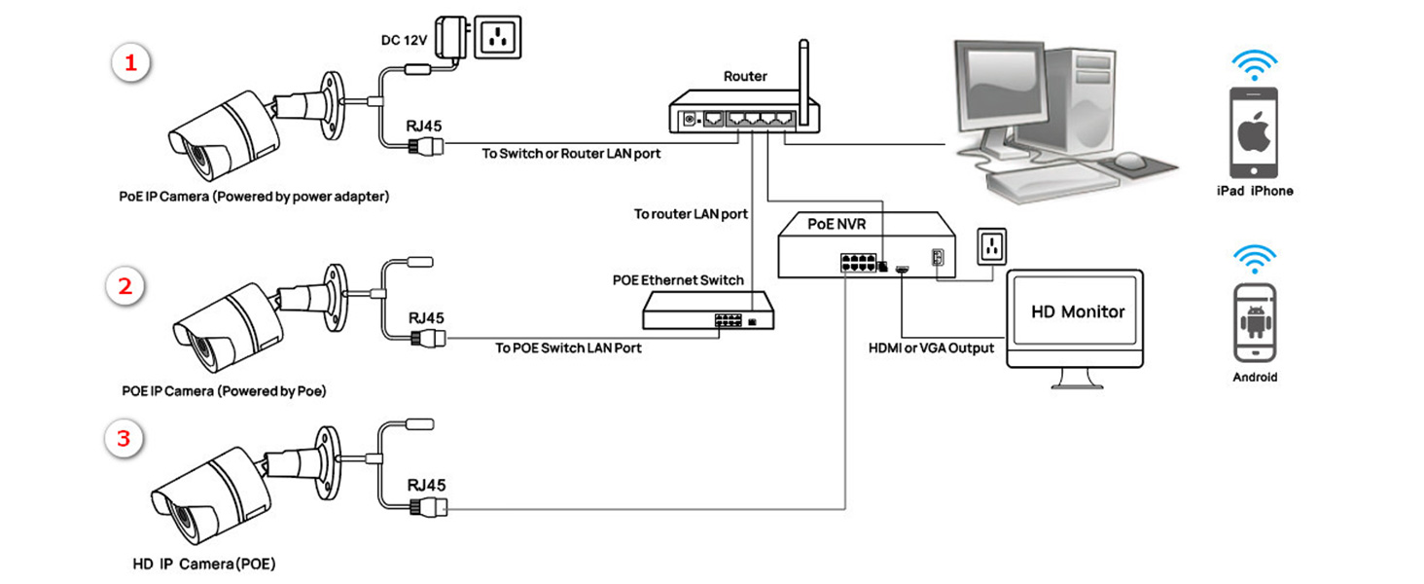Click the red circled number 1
click(x=130, y=64)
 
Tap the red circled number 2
click(x=125, y=286)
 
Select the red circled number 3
click(x=124, y=438)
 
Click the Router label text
click(x=745, y=76)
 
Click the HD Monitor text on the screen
click(x=1077, y=312)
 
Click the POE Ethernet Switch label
click(x=678, y=280)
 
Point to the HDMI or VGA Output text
click(x=931, y=347)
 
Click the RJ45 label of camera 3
click(x=427, y=485)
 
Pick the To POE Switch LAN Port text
click(x=568, y=347)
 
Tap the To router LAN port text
click(x=691, y=214)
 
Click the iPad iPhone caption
click(x=1255, y=191)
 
